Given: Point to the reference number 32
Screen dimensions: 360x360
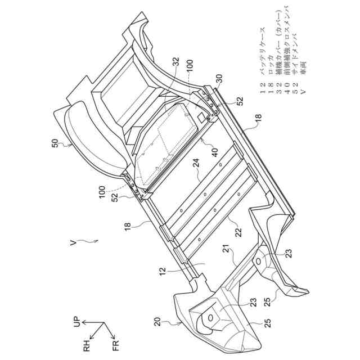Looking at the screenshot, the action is pyautogui.click(x=177, y=62).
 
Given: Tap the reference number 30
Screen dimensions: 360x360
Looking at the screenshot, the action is pyautogui.click(x=219, y=79).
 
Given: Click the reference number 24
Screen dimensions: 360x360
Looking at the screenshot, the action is pyautogui.click(x=196, y=163).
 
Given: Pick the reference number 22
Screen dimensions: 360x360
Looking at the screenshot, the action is pyautogui.click(x=238, y=232).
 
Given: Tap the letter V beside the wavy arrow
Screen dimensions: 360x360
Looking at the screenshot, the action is pyautogui.click(x=73, y=243).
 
